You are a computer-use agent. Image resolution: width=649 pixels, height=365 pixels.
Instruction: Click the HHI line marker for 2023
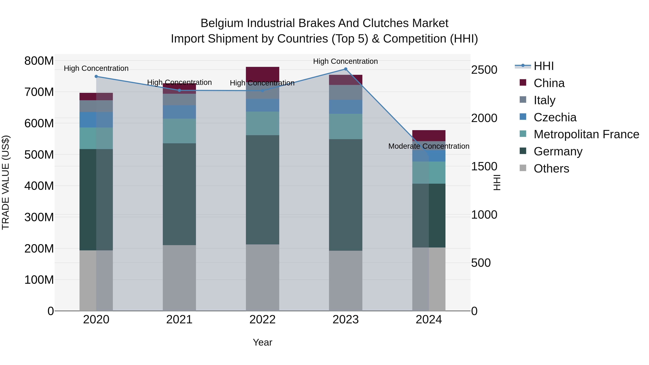point(345,69)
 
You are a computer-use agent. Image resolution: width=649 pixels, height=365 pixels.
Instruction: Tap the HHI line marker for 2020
point(96,76)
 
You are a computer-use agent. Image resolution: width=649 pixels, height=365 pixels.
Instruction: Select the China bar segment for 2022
point(262,74)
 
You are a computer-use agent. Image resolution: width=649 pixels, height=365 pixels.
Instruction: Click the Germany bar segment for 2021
point(179,194)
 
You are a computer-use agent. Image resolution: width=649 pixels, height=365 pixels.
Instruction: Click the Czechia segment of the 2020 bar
point(96,120)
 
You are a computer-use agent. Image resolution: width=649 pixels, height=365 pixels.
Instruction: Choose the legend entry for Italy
point(544,100)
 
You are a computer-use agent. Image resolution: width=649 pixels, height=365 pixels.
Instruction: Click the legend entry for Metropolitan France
point(586,134)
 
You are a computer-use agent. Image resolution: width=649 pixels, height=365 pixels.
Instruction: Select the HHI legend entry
point(543,66)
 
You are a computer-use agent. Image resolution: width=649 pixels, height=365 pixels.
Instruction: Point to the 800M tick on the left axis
point(39,61)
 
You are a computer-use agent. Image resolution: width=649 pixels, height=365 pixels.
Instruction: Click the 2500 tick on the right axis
point(484,70)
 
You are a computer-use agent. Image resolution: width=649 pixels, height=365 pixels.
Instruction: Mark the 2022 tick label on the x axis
point(262,320)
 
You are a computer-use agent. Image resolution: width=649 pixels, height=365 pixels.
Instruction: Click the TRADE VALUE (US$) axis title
point(6,182)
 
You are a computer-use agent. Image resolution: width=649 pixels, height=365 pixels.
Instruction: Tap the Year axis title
point(262,342)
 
